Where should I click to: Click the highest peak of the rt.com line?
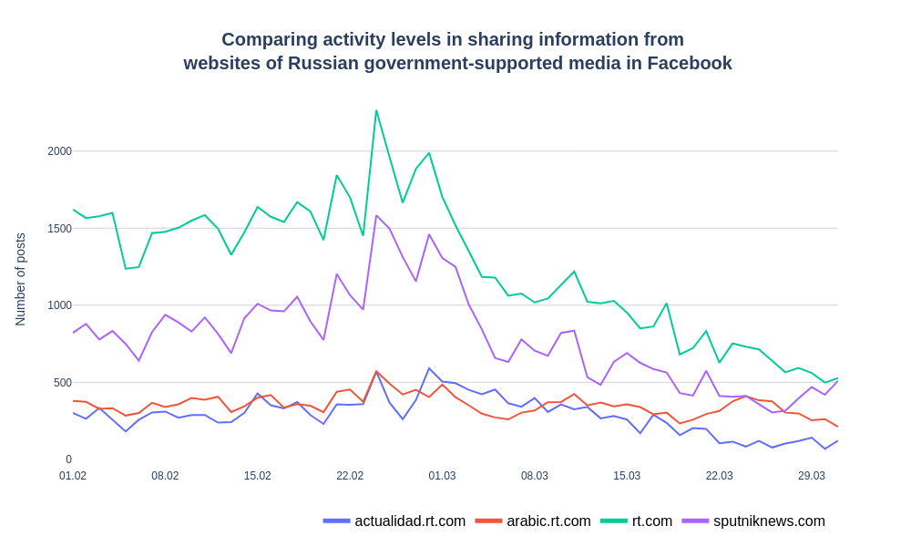point(376,111)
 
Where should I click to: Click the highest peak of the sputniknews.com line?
point(376,216)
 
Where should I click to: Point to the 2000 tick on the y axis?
point(59,151)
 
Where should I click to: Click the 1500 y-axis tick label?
point(59,229)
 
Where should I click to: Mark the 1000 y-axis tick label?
point(59,305)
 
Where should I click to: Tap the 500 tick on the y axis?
point(62,383)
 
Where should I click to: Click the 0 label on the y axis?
point(68,459)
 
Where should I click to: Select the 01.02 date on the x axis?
point(73,476)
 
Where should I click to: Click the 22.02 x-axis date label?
point(350,476)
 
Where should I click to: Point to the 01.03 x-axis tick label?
point(442,476)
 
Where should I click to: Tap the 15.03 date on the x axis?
point(627,476)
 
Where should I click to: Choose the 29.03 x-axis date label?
point(812,476)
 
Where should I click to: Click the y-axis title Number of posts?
point(20,279)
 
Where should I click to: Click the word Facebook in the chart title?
point(690,64)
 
